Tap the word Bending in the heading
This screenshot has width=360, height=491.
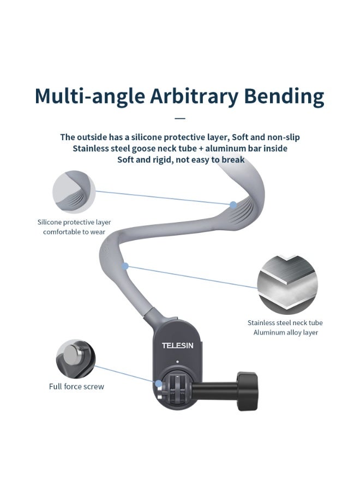[x=285, y=97]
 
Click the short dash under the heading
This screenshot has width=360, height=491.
[x=180, y=118]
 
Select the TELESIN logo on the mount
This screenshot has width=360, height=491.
[x=176, y=345]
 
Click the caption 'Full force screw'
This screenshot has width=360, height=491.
[x=76, y=387]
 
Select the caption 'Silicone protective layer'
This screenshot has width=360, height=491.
[x=74, y=222]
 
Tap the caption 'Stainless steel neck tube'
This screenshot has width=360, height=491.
[x=285, y=323]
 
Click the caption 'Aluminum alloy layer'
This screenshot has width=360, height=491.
[x=285, y=332]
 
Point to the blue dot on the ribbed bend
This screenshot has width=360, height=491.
[x=233, y=205]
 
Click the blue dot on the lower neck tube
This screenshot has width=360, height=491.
[x=125, y=266]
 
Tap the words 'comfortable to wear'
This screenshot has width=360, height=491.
[x=74, y=232]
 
